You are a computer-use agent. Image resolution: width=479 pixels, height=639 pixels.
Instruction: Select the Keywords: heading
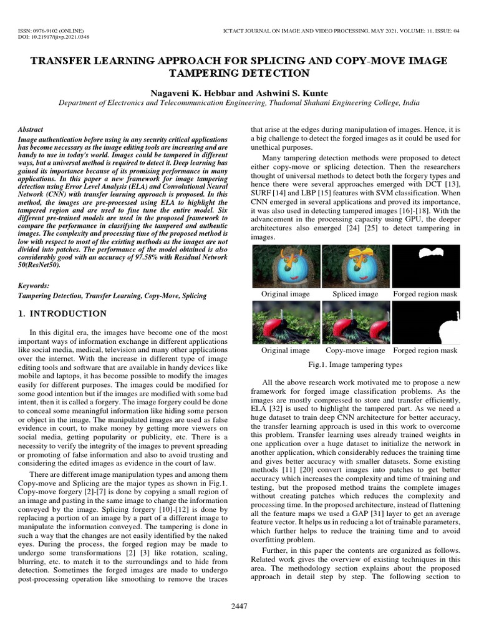34,285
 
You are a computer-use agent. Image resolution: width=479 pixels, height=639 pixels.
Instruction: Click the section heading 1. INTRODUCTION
62,313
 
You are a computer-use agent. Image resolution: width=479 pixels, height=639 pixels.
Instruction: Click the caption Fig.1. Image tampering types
356,364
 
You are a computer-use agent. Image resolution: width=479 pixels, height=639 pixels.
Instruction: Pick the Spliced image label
356,293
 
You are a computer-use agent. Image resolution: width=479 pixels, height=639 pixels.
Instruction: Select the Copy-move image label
356,351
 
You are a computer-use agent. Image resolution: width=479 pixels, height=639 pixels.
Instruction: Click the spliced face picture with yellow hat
356,265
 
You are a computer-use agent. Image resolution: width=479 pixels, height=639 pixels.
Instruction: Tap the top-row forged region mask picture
425,265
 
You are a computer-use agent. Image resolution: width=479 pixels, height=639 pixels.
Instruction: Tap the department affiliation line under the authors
239,103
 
